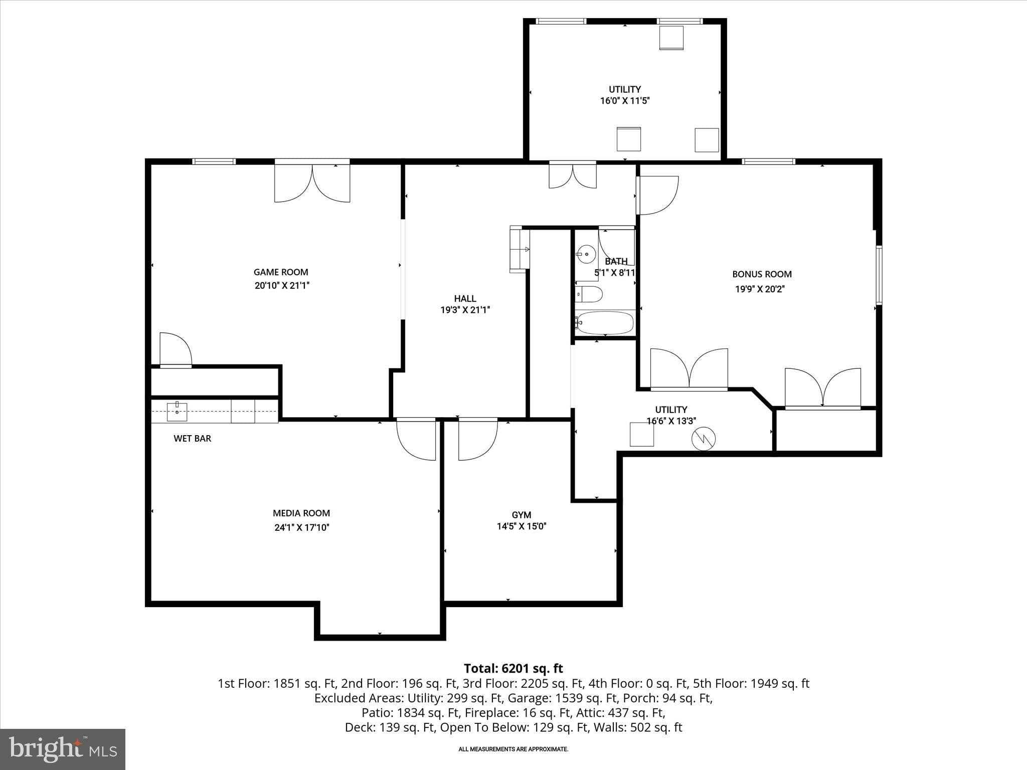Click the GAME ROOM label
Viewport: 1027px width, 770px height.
coord(281,272)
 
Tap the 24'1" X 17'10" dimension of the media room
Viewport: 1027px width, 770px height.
coord(301,527)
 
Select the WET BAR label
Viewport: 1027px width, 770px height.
coord(192,438)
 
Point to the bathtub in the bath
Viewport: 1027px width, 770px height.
coord(605,322)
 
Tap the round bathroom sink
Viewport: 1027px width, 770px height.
coord(586,254)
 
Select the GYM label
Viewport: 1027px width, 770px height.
coord(522,515)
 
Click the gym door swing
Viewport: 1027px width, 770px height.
coord(476,440)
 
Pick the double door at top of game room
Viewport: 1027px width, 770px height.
coord(312,182)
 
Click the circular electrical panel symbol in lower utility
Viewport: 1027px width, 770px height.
coord(703,440)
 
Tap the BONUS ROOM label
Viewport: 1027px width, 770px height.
coord(762,274)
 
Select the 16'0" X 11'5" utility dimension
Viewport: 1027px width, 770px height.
coord(625,101)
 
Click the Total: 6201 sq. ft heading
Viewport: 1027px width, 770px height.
coord(513,668)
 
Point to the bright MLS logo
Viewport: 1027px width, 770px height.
coord(63,748)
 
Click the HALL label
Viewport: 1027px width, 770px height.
coord(465,298)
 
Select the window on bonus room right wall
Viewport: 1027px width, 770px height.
coord(879,275)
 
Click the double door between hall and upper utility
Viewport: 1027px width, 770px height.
coord(572,176)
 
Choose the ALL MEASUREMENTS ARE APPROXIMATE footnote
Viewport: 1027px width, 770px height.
coord(513,749)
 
